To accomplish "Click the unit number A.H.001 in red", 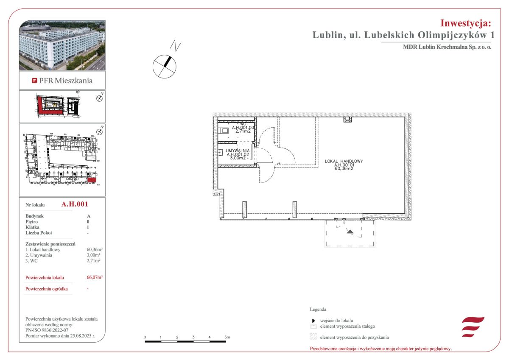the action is pos(75,204).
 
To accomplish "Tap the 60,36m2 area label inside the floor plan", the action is pos(344,168).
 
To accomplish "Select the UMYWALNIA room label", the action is pos(238,151).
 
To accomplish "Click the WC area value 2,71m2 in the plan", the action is pos(243,131).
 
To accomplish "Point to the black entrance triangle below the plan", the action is pos(350,232).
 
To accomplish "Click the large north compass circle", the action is pos(164,67).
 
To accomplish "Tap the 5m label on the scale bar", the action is pos(227,337).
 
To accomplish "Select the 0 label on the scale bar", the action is pos(145,337).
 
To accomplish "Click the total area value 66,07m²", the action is pos(95,277).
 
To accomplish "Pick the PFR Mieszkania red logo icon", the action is pos(34,81).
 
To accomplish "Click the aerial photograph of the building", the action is pos(62,45).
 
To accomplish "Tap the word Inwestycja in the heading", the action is pos(465,23).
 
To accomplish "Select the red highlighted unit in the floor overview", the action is pos(92,180).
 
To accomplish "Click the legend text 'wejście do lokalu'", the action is pos(336,321).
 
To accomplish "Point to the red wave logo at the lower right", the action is pos(473,327).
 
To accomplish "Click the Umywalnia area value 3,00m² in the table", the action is pos(93,255).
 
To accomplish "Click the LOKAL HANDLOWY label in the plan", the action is pos(344,161).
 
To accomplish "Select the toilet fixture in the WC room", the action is pos(223,131).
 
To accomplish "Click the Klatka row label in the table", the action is pos(32,227).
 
